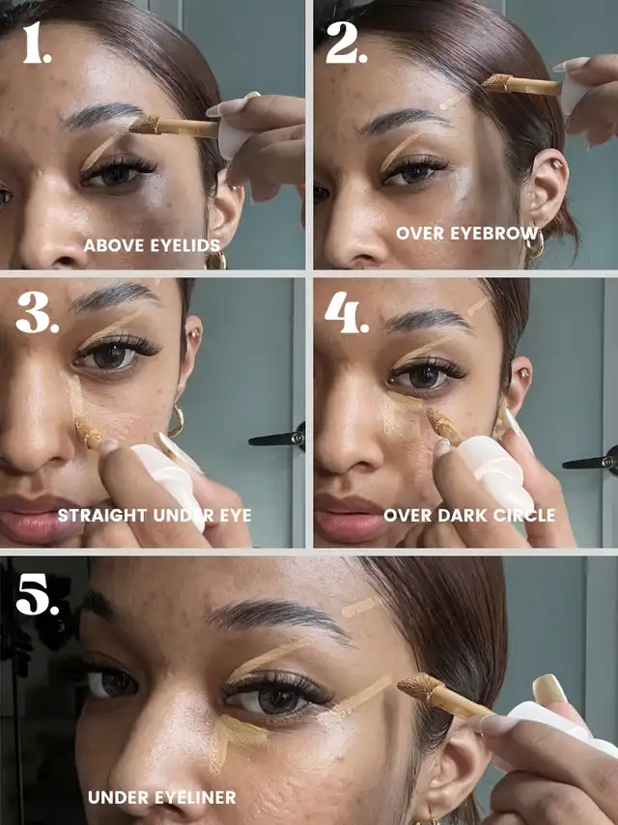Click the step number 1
pos(37,43)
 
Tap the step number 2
pos(346,43)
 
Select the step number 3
pos(37,313)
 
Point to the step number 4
pos(347,313)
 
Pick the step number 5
pos(38,594)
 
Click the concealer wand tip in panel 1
pos(144,125)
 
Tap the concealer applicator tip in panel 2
pos(497,83)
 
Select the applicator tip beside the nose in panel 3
pos(88,434)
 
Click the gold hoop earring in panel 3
pos(177,421)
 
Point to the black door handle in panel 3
pos(277,439)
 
